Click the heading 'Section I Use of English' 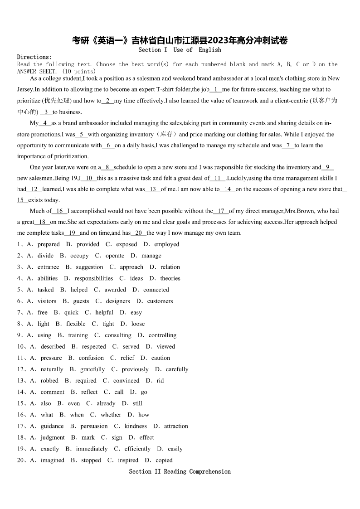(x=180, y=50)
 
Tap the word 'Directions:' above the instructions (x=34, y=57)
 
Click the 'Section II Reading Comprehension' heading (x=180, y=471)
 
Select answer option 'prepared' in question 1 (x=49, y=244)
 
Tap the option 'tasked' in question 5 (x=45, y=290)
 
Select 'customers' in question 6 (x=160, y=301)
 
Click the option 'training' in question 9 (x=78, y=335)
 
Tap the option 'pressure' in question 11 (x=51, y=358)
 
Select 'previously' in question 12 (x=135, y=369)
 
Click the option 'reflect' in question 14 (x=89, y=392)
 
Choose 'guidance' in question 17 (x=52, y=426)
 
